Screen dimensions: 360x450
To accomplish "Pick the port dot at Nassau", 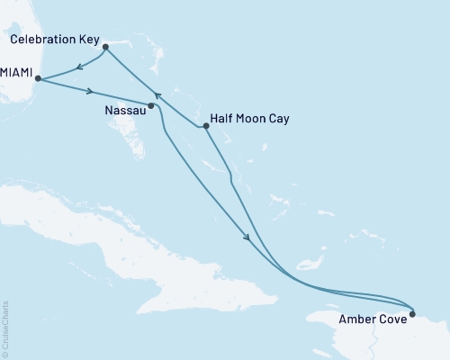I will (x=151, y=106).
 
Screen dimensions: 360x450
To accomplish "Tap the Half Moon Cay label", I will (x=248, y=116).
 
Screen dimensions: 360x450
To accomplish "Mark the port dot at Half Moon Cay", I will (x=206, y=127).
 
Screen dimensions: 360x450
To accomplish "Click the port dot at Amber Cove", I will (x=412, y=314).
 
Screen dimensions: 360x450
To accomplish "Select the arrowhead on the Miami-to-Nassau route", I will (x=91, y=91).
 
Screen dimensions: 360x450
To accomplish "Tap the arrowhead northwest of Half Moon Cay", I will (x=157, y=94).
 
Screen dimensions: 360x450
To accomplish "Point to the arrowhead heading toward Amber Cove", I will (x=247, y=238).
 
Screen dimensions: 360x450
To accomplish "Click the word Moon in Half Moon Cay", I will (x=250, y=116).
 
